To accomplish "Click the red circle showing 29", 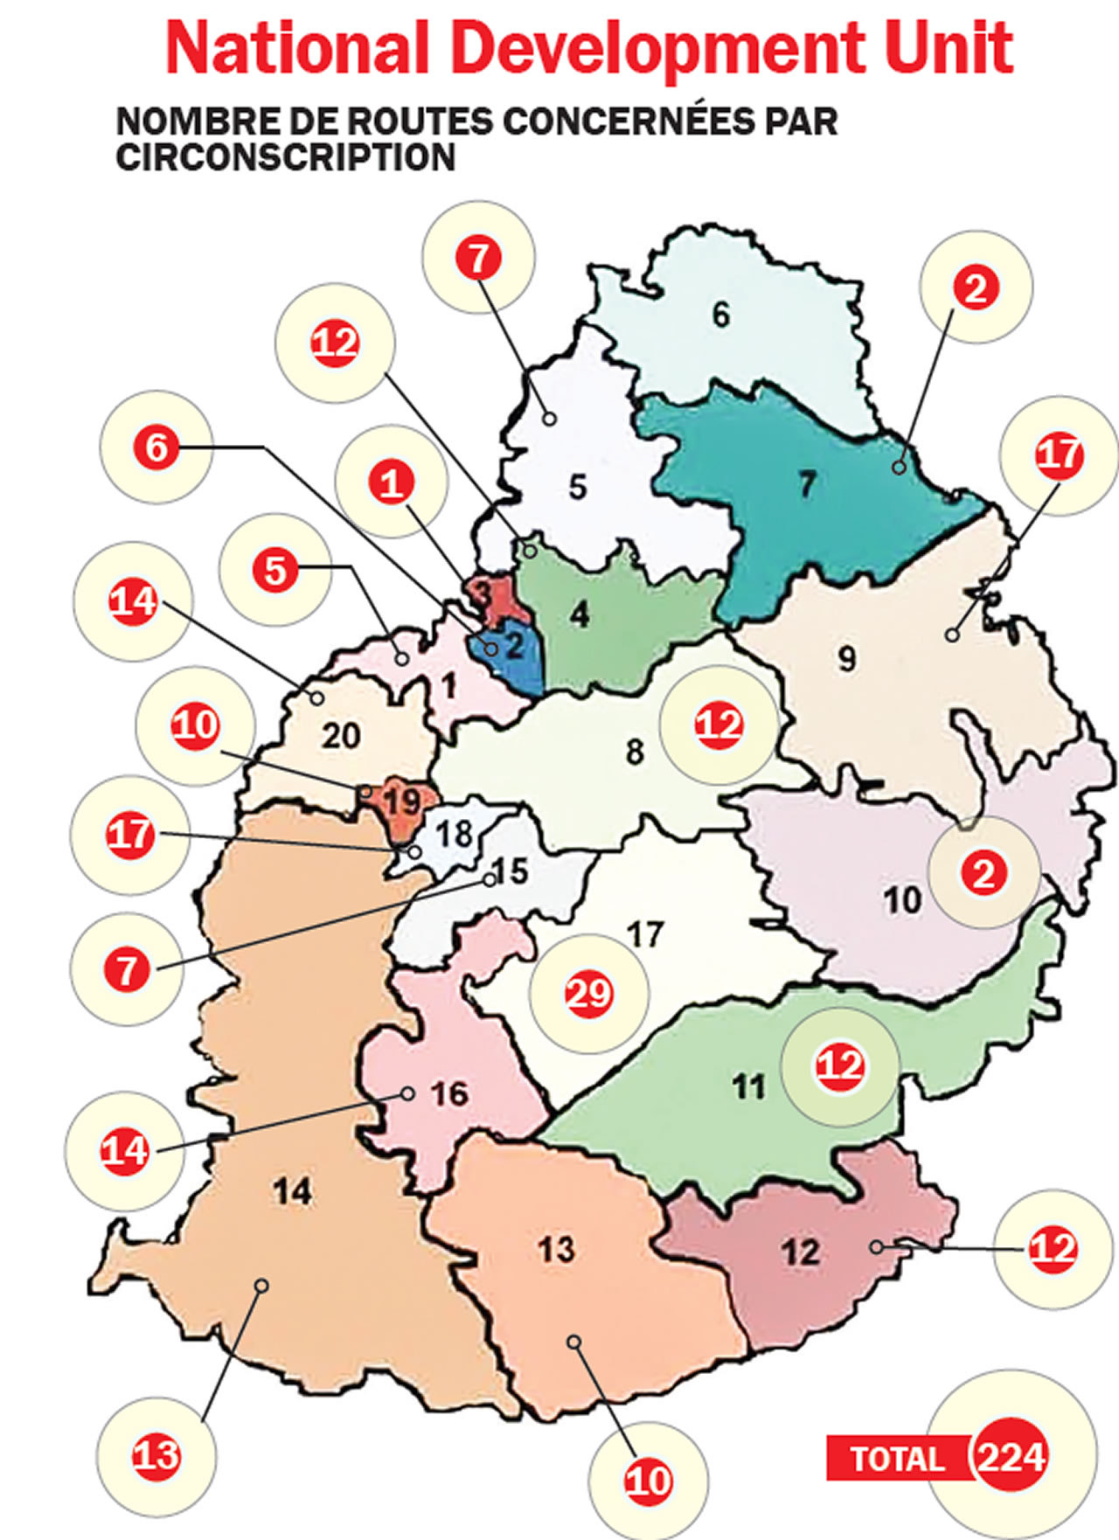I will click(588, 993).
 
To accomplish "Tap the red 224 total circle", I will click(1011, 1457).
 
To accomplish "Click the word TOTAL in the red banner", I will click(895, 1459).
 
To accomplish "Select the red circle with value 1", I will click(392, 482).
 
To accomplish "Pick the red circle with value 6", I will click(156, 447).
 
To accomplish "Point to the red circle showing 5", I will click(275, 570).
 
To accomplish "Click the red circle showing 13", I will click(156, 1455).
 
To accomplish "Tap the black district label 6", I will click(720, 315).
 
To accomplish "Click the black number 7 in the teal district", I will click(806, 483).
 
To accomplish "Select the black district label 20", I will click(340, 736).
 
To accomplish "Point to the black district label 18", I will click(455, 833).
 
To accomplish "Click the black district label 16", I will click(449, 1093).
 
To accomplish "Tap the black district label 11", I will click(748, 1087).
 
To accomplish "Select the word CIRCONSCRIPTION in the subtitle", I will click(286, 157).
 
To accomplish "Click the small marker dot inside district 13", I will click(573, 1342).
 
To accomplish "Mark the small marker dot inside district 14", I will click(261, 1285).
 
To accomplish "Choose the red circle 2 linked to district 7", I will click(975, 288).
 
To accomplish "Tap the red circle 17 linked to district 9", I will click(1058, 455).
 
